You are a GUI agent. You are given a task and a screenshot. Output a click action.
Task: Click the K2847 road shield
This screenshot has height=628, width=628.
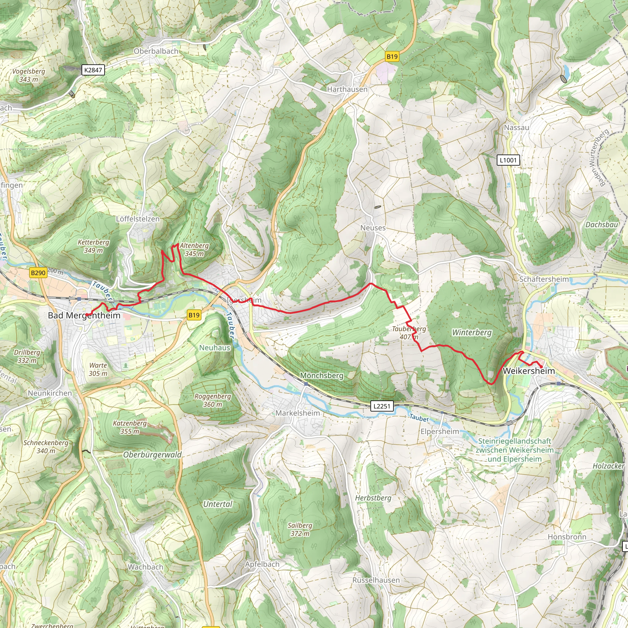93,70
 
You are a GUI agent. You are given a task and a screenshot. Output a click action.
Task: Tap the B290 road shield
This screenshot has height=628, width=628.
38,273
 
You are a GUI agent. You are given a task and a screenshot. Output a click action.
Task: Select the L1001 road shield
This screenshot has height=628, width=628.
508,160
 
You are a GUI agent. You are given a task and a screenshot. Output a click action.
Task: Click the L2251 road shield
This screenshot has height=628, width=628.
381,406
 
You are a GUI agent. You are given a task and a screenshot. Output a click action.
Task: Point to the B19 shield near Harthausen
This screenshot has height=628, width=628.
392,56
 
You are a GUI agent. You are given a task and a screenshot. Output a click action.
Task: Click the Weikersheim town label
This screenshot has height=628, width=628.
529,371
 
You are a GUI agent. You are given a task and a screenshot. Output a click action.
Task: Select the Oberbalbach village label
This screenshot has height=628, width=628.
156,51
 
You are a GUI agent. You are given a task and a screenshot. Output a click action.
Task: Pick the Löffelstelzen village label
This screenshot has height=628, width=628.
138,219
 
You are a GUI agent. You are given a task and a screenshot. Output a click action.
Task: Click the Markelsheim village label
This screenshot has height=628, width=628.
298,413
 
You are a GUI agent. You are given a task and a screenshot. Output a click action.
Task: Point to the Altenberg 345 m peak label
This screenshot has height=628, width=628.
194,250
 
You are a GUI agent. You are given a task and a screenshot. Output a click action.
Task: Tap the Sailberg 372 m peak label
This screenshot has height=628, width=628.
300,529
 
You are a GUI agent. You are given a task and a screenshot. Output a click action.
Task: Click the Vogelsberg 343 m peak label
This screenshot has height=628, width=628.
29,75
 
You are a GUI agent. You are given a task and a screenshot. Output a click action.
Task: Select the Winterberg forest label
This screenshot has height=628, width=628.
472,332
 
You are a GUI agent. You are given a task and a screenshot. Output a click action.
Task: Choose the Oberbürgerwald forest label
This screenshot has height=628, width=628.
152,455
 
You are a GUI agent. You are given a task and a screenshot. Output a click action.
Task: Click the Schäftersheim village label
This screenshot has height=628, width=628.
544,279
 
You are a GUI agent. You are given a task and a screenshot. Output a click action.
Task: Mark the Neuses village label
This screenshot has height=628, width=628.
373,228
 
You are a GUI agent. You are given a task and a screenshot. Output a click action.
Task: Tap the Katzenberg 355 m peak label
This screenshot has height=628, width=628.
130,427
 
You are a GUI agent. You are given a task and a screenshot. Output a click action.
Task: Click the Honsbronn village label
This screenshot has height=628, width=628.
567,537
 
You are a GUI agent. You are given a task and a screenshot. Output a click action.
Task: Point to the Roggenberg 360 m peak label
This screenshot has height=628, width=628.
213,400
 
